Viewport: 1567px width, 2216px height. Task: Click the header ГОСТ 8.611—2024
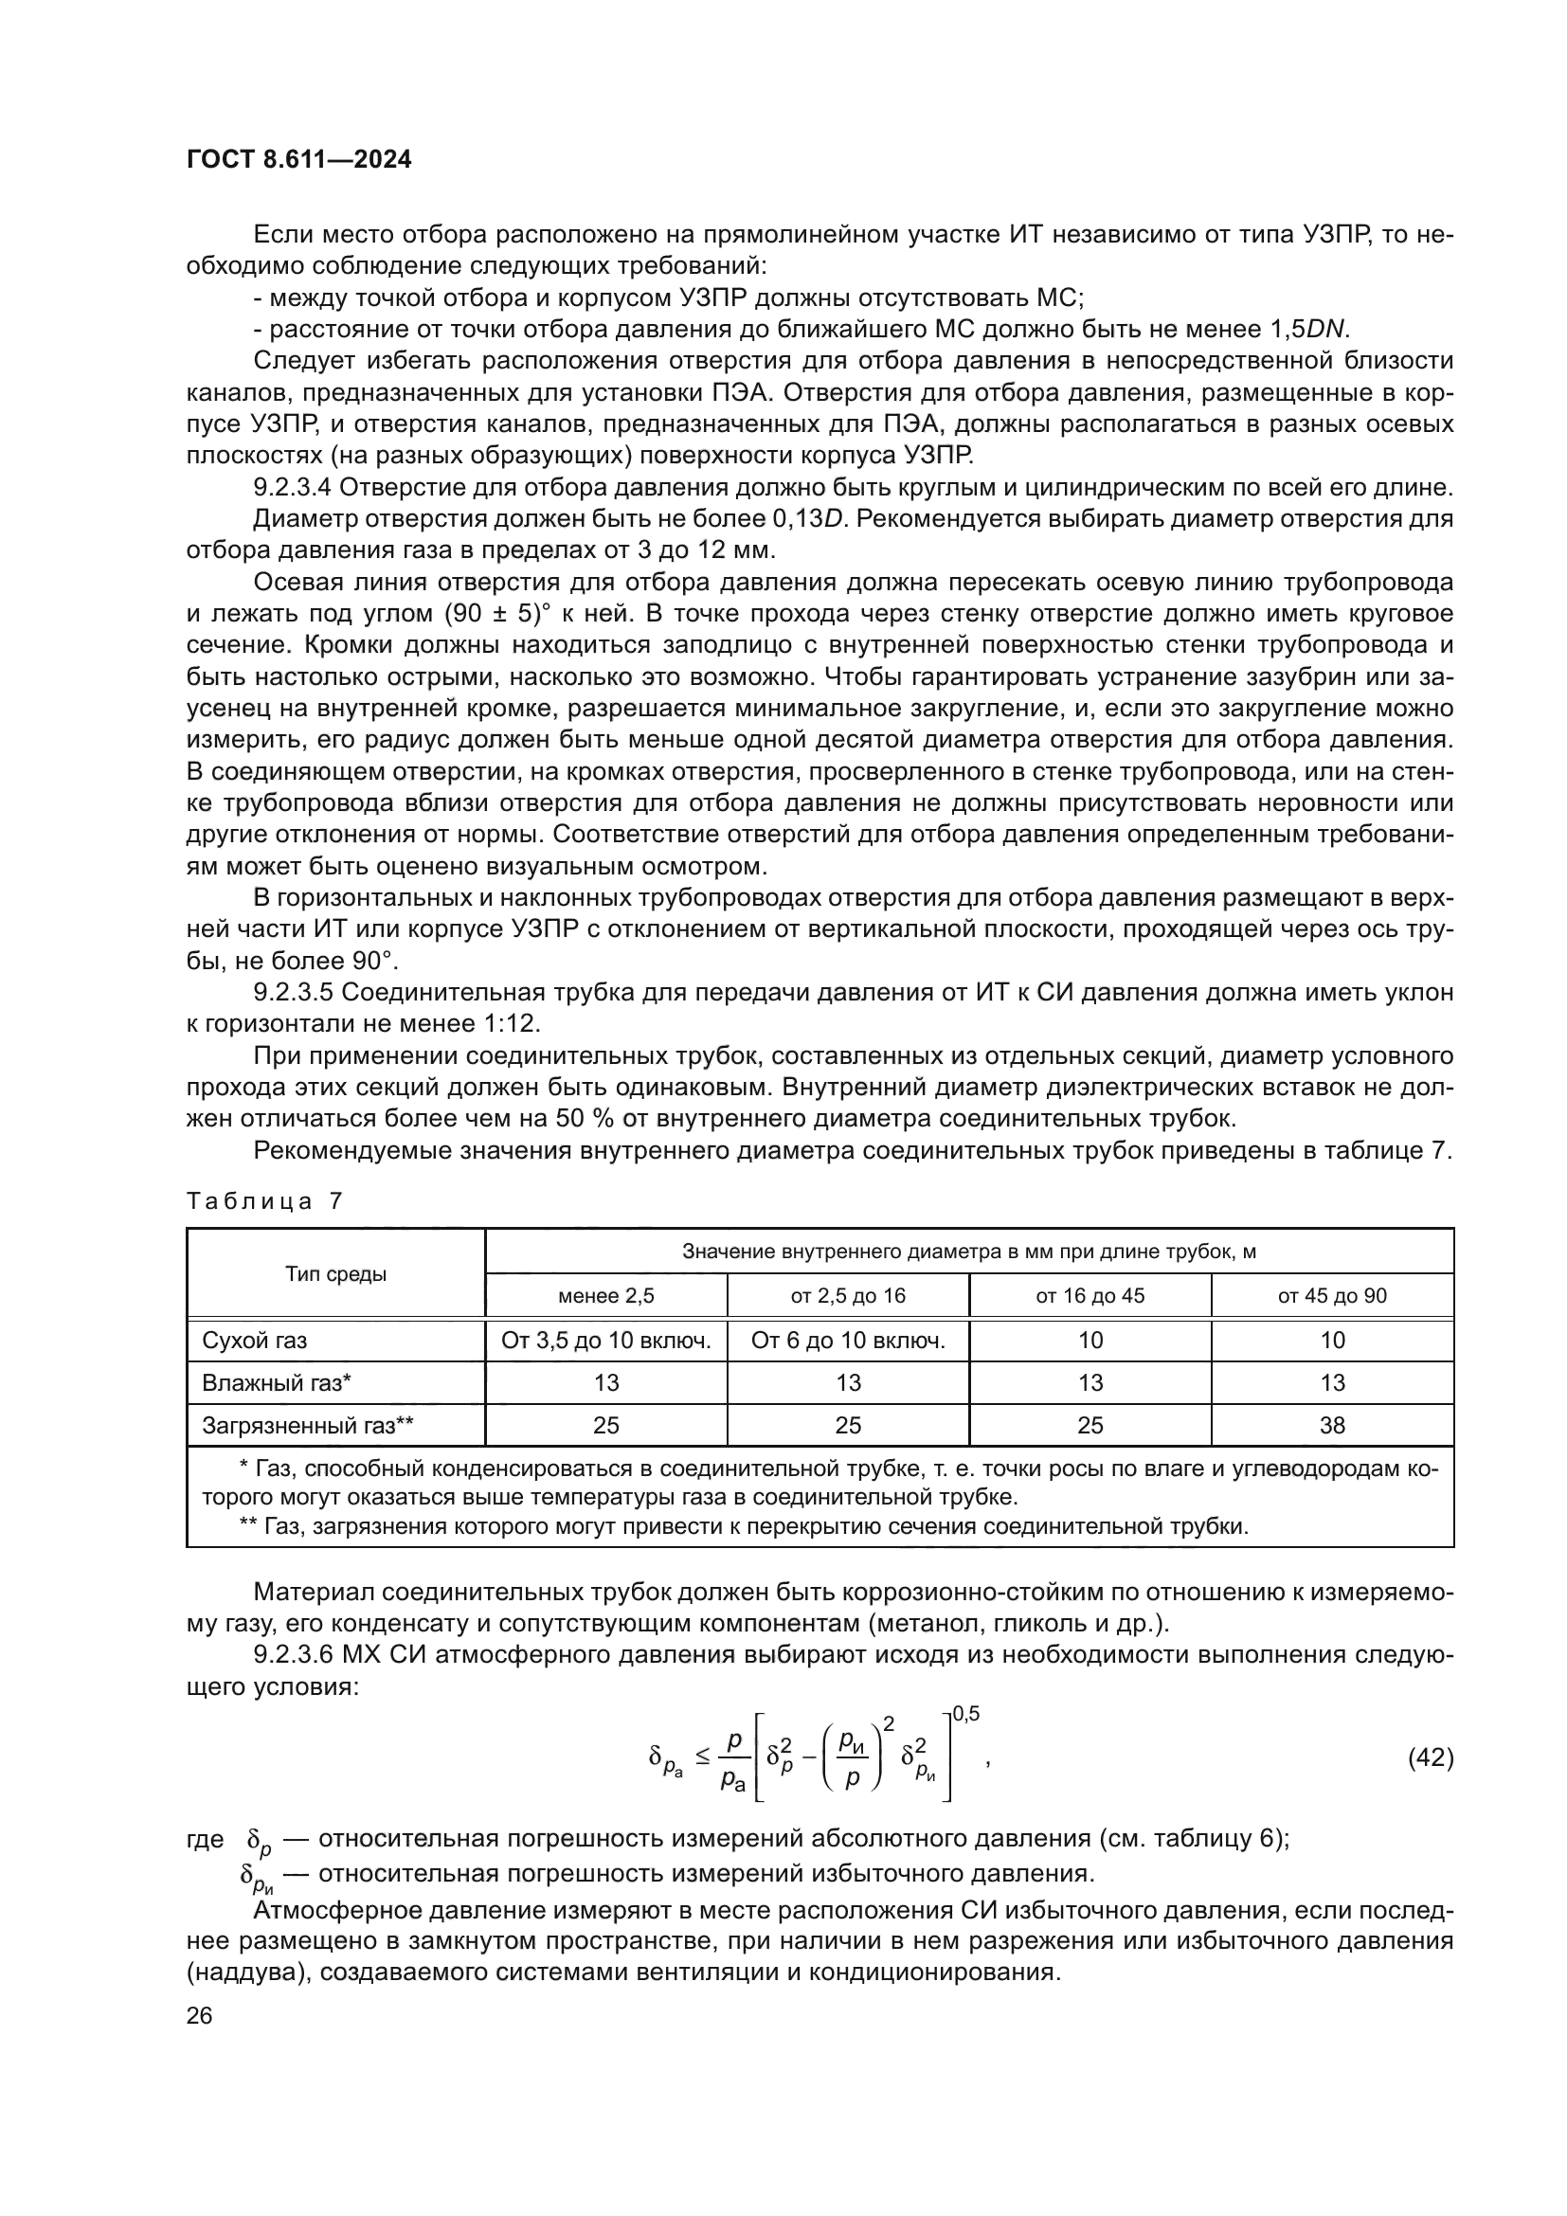tap(298, 159)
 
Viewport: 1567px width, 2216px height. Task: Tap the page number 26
tap(199, 2015)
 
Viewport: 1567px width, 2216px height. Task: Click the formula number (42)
tap(1430, 1757)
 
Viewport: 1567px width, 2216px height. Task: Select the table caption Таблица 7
tap(264, 1201)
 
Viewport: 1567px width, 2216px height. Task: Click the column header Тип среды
tap(335, 1274)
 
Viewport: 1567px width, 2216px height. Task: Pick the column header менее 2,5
tap(606, 1296)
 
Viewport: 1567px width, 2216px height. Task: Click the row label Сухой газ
tap(255, 1341)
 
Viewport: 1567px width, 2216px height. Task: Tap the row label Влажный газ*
tap(276, 1383)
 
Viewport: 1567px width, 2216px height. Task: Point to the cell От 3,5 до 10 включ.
tap(606, 1341)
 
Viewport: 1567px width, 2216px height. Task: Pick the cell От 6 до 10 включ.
tap(847, 1341)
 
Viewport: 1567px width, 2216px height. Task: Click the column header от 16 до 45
tap(1090, 1296)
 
